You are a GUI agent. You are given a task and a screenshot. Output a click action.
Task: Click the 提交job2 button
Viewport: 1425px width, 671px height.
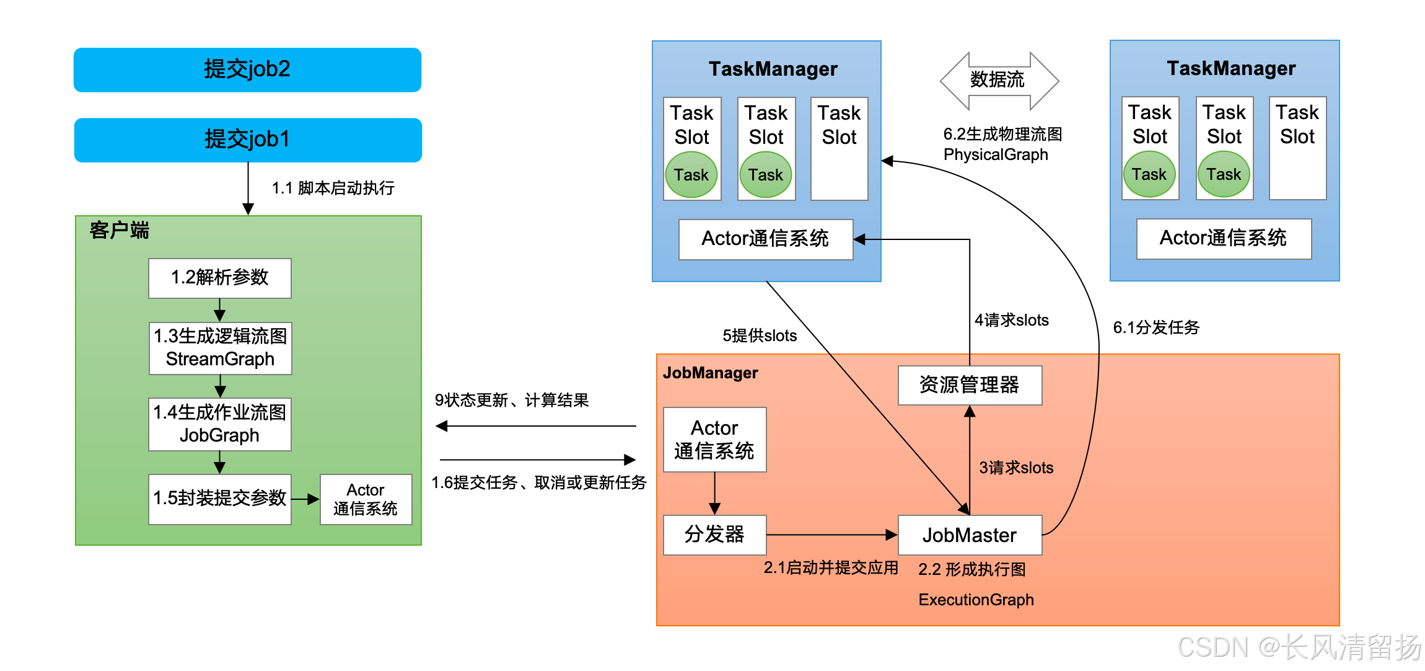point(247,69)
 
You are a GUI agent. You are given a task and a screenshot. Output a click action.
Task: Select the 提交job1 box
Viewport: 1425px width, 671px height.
point(247,140)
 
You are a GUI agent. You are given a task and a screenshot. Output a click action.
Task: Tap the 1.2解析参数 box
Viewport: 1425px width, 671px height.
point(219,278)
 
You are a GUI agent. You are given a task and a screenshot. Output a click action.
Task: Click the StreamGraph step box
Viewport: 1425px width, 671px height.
point(220,348)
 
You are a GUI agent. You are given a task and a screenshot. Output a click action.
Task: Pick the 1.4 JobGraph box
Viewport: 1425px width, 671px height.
point(219,424)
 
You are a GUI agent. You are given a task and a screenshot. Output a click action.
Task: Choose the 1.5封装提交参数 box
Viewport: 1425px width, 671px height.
point(219,499)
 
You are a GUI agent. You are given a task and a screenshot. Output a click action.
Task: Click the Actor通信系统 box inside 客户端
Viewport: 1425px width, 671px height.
point(366,499)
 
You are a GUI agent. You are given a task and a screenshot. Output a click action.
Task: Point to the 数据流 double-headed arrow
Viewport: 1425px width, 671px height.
point(999,81)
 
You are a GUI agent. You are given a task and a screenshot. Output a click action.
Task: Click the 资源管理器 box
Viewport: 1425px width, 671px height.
point(970,385)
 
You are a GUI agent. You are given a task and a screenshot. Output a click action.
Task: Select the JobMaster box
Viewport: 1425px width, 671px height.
point(970,535)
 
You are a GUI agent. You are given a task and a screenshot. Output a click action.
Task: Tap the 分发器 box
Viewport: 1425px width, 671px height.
point(714,534)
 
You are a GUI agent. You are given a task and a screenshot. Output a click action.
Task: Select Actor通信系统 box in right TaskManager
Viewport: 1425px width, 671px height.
point(1224,238)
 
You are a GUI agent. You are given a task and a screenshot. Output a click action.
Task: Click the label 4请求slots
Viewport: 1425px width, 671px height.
point(1012,321)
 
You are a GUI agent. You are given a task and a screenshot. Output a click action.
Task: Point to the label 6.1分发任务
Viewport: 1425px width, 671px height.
point(1156,327)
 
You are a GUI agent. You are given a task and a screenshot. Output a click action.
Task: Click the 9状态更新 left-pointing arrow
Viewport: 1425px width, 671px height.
point(536,426)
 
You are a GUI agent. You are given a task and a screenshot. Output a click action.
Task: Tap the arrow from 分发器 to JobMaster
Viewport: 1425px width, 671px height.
point(830,535)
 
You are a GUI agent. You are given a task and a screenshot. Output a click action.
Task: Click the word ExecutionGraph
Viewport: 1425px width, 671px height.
point(976,600)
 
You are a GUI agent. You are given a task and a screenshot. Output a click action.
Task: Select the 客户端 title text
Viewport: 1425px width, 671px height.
point(119,231)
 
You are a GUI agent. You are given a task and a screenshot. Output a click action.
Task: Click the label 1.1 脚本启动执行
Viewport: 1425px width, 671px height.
point(333,188)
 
